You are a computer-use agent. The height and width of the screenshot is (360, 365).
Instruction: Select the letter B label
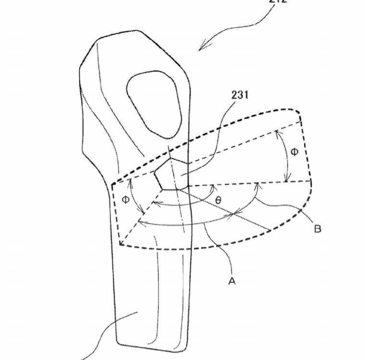tap(317, 229)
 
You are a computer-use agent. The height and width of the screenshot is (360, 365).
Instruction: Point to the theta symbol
tap(218, 199)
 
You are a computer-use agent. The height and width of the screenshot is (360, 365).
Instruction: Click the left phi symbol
tap(125, 199)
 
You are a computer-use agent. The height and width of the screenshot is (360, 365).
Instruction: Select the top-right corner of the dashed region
tap(300, 111)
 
